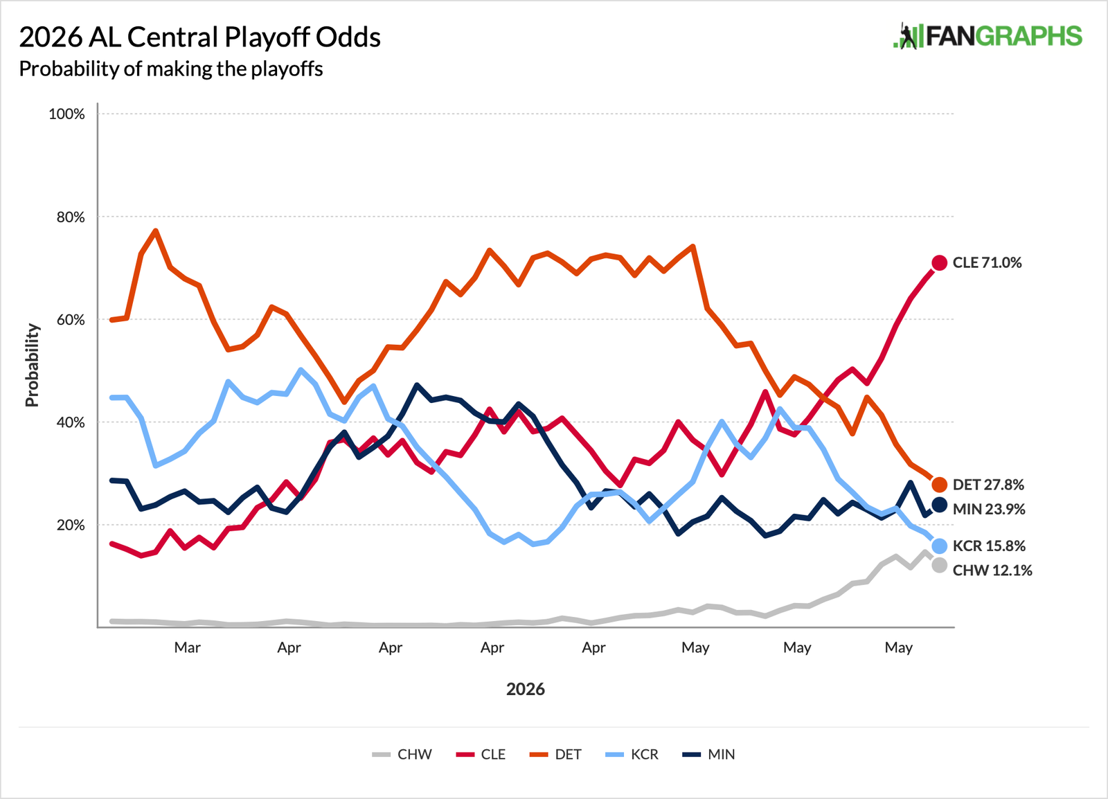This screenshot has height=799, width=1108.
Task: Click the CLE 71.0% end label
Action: [x=987, y=262]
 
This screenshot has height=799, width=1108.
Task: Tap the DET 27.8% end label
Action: [x=988, y=485]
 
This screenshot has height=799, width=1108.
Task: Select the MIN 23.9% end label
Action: [x=989, y=509]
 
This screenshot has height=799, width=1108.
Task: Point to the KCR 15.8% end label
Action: [x=989, y=546]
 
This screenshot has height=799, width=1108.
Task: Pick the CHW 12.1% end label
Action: [x=992, y=570]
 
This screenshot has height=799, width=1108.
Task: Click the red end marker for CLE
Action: [x=939, y=263]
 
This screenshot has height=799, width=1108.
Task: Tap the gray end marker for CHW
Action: [x=939, y=565]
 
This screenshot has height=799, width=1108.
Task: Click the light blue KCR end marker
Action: [x=939, y=546]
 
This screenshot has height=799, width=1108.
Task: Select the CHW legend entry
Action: [x=402, y=754]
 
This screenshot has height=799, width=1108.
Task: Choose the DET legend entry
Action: [x=555, y=754]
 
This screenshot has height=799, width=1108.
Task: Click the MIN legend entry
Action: [x=709, y=754]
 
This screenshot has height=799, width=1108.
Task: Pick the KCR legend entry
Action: [x=632, y=754]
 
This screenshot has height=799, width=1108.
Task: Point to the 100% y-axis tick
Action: [x=66, y=114]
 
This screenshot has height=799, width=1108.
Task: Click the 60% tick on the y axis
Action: [x=71, y=320]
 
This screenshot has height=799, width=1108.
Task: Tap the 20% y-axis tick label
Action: [x=71, y=525]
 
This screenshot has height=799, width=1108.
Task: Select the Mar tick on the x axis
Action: [x=188, y=647]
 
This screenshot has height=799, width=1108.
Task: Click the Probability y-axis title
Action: [x=32, y=366]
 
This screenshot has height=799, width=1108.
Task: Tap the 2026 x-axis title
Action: [x=526, y=689]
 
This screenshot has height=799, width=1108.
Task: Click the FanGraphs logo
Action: [x=988, y=36]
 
